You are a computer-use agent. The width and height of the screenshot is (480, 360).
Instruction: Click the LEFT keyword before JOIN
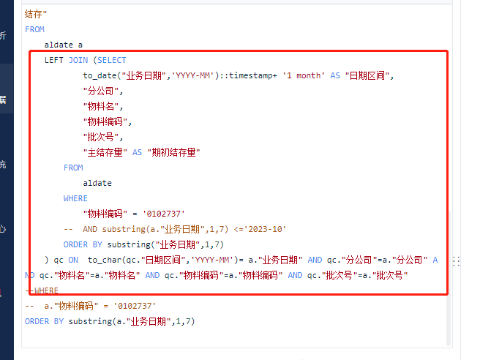(53, 60)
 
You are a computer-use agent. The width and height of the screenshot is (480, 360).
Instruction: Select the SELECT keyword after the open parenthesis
(112, 60)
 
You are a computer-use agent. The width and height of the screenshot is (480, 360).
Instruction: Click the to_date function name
(100, 75)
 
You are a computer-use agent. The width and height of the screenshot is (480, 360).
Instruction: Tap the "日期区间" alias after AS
(367, 75)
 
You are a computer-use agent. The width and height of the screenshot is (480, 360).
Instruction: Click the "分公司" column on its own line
(101, 91)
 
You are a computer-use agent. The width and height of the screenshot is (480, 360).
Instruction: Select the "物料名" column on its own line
(101, 106)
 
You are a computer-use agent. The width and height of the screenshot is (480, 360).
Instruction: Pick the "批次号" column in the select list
(101, 137)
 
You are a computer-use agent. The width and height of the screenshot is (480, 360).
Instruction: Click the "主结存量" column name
(105, 152)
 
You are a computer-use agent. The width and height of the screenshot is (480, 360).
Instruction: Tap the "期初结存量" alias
(173, 152)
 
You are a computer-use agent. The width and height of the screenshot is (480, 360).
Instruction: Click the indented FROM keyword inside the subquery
(73, 168)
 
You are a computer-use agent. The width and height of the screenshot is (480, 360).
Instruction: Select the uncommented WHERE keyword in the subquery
(75, 198)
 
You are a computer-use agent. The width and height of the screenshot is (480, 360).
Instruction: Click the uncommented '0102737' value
(164, 214)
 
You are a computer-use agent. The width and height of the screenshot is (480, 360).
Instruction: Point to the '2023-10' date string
(267, 229)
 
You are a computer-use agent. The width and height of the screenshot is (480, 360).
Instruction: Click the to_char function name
(105, 260)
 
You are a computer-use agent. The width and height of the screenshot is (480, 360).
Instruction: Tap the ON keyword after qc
(73, 260)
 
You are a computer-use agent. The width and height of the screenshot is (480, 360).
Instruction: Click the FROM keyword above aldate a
(34, 29)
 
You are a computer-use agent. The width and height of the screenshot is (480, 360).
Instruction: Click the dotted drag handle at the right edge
(456, 261)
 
